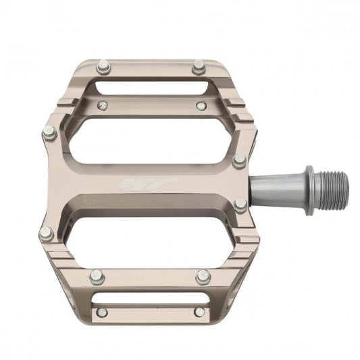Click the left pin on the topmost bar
tap(103, 67)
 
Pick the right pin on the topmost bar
tap(199, 67)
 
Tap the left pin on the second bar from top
tap(102, 105)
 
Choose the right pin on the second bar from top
tap(201, 105)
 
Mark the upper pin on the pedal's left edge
tap(49, 133)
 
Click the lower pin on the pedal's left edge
tap(46, 234)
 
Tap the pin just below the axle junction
tap(240, 205)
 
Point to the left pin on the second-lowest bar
tap(97, 276)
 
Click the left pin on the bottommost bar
tap(101, 312)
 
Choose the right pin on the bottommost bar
tap(199, 311)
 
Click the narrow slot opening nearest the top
tap(150, 88)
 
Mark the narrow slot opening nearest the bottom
tap(150, 297)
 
